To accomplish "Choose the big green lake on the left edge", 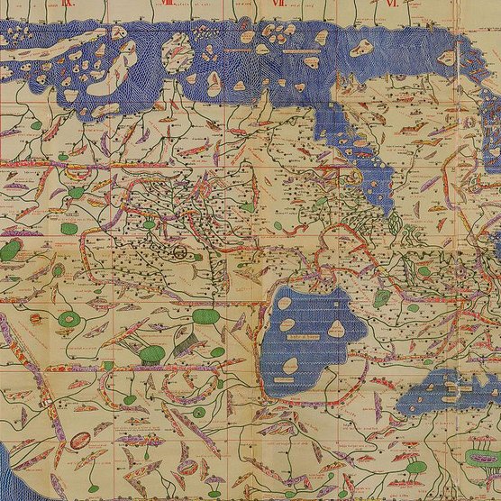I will point(12,250).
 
